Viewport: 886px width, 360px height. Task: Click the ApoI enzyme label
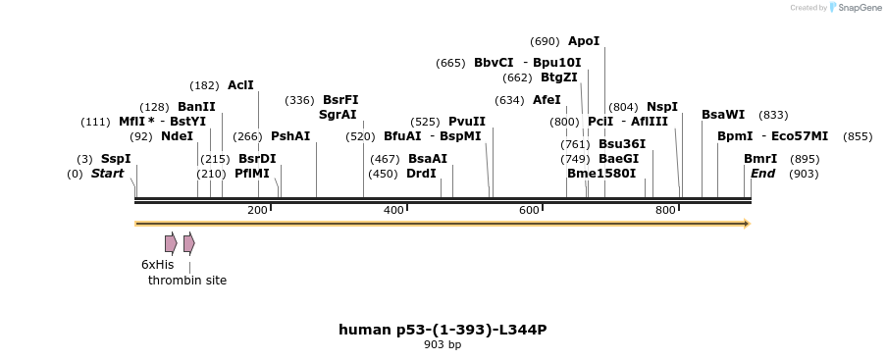(x=584, y=41)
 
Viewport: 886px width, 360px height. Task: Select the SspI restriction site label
(x=116, y=159)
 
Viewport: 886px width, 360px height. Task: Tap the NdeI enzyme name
(x=177, y=136)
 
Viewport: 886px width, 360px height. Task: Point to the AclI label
(x=240, y=85)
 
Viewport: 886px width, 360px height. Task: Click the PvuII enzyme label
(x=467, y=122)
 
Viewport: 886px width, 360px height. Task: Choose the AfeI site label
(x=547, y=100)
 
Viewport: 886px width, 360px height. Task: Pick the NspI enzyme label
(x=662, y=107)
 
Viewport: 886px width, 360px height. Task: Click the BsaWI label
(x=723, y=115)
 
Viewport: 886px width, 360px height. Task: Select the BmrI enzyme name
(x=760, y=159)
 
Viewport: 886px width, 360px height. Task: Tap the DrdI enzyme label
(x=422, y=174)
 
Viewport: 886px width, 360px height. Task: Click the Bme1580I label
(x=601, y=174)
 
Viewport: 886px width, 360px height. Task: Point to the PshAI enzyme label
(x=290, y=136)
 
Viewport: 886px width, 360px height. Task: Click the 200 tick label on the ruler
(x=257, y=210)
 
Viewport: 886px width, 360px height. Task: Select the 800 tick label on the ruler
(x=665, y=210)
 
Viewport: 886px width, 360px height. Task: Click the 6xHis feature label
(x=157, y=265)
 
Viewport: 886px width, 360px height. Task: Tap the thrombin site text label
(x=187, y=281)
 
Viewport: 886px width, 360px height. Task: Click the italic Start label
(x=108, y=174)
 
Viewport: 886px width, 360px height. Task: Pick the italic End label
(x=763, y=174)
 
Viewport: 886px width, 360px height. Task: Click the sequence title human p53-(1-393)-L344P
(x=443, y=330)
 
